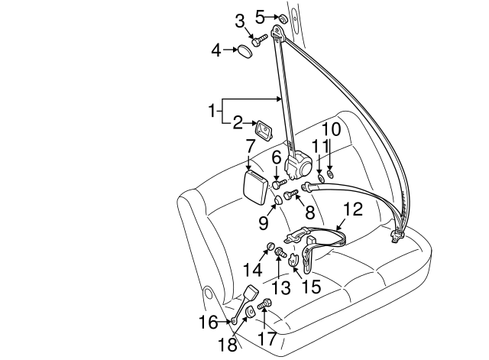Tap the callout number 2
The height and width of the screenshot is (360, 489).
click(238, 122)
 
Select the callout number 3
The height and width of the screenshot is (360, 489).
click(239, 21)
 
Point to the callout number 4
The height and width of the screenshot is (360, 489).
click(217, 50)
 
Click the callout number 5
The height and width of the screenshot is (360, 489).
click(260, 15)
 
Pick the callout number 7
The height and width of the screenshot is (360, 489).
click(250, 144)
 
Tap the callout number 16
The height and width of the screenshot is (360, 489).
click(209, 323)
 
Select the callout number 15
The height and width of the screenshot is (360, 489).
click(311, 287)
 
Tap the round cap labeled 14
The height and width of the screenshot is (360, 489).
click(270, 246)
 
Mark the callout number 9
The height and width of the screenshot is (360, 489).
click(263, 222)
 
